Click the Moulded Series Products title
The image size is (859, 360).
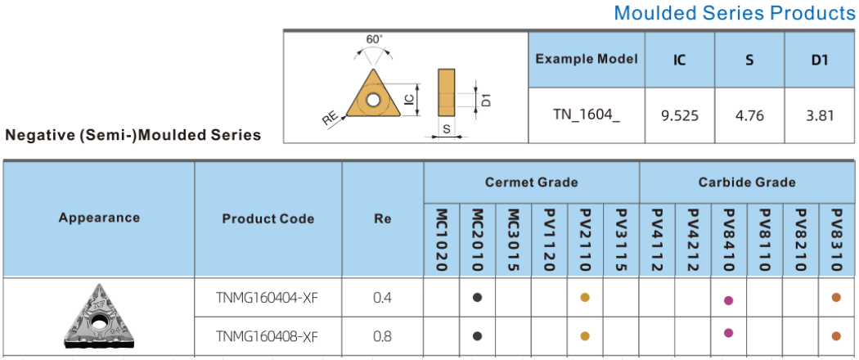[x=734, y=12]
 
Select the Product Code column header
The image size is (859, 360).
[x=268, y=219]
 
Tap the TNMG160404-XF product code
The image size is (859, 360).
[x=268, y=298]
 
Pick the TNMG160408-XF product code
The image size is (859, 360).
[x=268, y=336]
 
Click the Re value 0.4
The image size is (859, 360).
[x=382, y=298]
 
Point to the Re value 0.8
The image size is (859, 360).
[x=382, y=336]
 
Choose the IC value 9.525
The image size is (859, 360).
[x=679, y=116]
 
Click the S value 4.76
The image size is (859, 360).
[x=749, y=116]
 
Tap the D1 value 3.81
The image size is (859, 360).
[x=820, y=116]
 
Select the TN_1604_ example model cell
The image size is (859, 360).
[x=587, y=116]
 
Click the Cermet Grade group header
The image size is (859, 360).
[x=531, y=182]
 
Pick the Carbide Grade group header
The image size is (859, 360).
[x=747, y=182]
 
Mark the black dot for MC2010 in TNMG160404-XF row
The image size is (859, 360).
[x=477, y=298]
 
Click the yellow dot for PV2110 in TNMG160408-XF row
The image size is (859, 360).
[x=585, y=336]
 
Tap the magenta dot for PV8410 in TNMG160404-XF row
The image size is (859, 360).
[x=728, y=300]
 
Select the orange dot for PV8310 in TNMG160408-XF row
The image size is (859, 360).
[x=836, y=336]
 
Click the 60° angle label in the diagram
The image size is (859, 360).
[x=375, y=39]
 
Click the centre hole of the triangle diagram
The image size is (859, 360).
[x=374, y=101]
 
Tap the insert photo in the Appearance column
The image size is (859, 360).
[x=99, y=316]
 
